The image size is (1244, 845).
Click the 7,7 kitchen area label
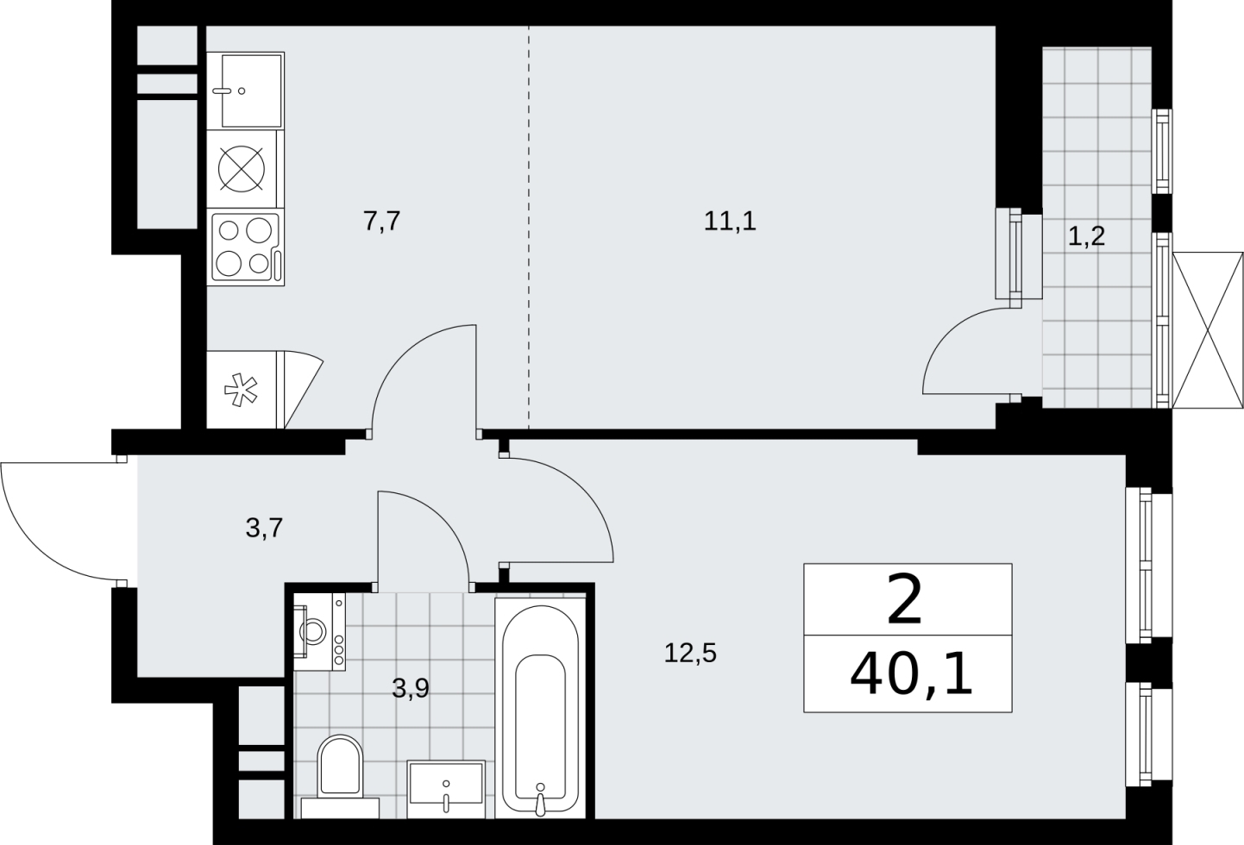(x=382, y=221)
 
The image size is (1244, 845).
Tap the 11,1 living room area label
(x=730, y=221)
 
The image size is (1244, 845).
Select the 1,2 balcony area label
(x=1086, y=236)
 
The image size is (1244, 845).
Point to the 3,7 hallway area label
(x=264, y=528)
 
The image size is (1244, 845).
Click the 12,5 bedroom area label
(x=690, y=653)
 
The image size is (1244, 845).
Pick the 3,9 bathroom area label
(x=411, y=688)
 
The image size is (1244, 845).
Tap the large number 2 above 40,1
(x=905, y=599)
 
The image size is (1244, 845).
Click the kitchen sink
(x=246, y=91)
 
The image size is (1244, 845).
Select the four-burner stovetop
(x=246, y=247)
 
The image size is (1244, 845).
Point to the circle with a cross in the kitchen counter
(x=242, y=169)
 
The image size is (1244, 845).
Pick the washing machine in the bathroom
(x=319, y=632)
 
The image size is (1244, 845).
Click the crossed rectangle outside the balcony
(x=1208, y=330)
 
